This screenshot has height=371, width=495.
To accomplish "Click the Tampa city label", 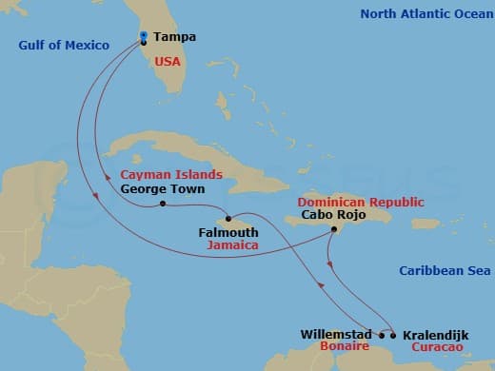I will point(174,37).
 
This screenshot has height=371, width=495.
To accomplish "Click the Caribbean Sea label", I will point(444,271).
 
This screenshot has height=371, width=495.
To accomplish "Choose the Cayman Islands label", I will point(171,175).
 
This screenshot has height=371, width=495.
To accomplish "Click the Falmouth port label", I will point(227,231).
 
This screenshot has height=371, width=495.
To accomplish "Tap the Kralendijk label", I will point(434,335).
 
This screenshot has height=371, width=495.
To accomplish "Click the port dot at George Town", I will point(164,204).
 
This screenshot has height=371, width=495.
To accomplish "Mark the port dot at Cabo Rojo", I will point(333,229).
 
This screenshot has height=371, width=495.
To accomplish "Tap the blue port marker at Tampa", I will point(142,36).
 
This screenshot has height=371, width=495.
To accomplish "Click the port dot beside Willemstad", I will point(382,335).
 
